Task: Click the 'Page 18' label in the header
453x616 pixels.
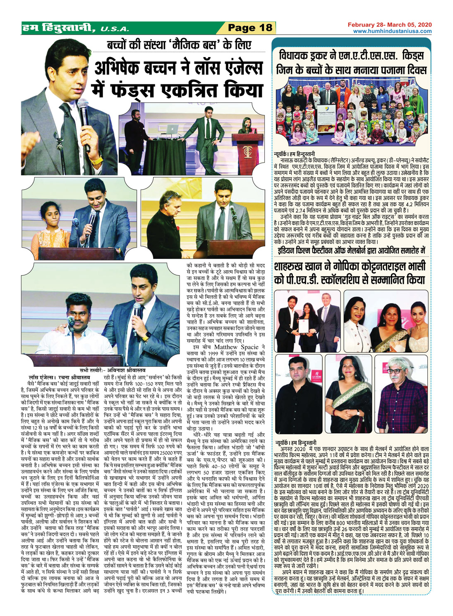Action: [250, 28]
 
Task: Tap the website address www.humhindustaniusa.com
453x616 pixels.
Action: [392, 31]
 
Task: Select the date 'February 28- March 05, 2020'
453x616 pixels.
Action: [390, 25]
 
